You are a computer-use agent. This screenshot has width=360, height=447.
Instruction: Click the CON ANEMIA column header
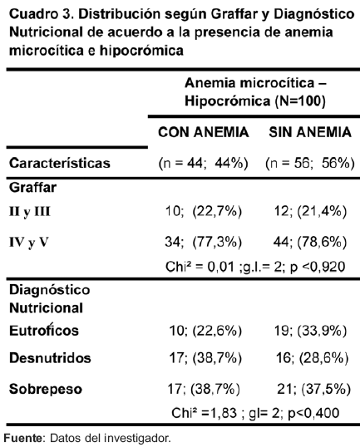coord(204,132)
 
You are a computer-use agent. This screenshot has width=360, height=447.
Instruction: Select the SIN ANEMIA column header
coord(310,132)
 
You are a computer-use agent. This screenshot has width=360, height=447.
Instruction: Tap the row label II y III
coord(30,212)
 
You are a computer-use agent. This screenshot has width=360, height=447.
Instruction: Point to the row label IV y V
coord(28,243)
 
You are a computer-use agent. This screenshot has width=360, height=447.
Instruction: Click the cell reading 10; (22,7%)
coord(204,212)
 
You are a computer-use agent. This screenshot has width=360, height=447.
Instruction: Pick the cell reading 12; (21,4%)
coord(310,212)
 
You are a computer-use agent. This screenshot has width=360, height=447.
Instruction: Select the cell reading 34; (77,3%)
coord(204,243)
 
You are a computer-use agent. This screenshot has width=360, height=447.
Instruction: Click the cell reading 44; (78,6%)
coord(310,243)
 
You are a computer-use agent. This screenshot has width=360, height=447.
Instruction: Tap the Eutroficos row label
coord(44,331)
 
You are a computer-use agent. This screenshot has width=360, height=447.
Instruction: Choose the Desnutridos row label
coord(50,358)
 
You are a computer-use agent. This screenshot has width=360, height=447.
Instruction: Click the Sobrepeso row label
coord(46,389)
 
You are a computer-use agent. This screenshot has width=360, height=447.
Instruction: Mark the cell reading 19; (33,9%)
coord(310,331)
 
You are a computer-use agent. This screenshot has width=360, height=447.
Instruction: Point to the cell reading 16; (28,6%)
coord(312,358)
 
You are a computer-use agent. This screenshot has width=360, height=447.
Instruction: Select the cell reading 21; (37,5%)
coord(313,389)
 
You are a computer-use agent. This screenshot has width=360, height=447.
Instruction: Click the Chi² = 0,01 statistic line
coord(255,267)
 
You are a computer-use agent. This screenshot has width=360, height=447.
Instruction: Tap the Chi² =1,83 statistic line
coord(255,413)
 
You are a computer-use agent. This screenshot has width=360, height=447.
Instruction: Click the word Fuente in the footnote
coord(22,438)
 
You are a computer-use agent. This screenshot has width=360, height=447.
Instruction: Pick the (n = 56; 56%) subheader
coord(310,164)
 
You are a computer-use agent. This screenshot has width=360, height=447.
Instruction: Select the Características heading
coord(60,164)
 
